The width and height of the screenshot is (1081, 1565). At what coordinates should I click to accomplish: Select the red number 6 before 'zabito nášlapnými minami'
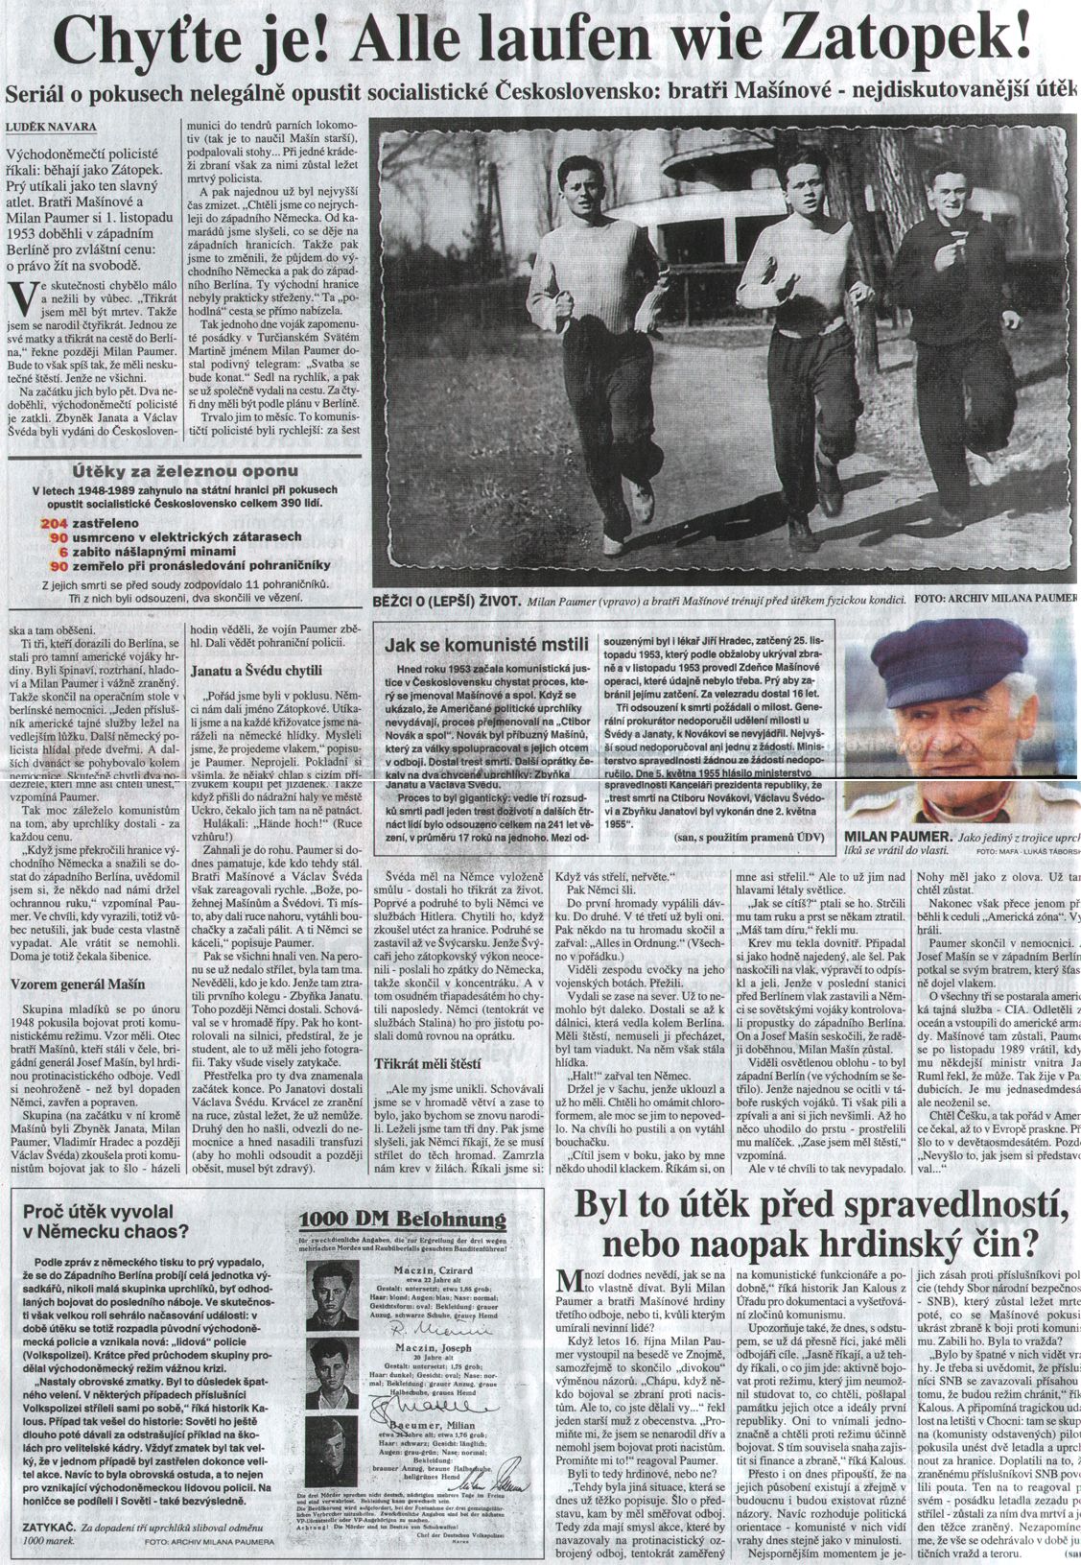pos(63,553)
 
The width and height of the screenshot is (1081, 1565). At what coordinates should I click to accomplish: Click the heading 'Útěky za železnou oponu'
pos(182,472)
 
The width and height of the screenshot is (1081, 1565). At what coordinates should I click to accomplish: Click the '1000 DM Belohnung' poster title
pos(402,1220)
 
